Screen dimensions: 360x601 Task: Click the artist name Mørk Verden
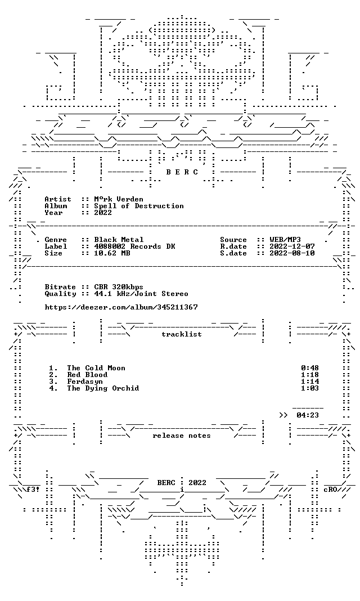pyautogui.click(x=118, y=199)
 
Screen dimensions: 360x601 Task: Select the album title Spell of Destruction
pyautogui.click(x=138, y=206)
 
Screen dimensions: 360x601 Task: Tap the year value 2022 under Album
pyautogui.click(x=103, y=213)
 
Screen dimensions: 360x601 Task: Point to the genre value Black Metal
pyautogui.click(x=119, y=240)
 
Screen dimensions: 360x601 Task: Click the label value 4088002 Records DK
pyautogui.click(x=134, y=246)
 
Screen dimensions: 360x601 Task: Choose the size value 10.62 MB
pyautogui.click(x=112, y=253)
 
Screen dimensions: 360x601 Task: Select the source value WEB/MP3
pyautogui.click(x=285, y=240)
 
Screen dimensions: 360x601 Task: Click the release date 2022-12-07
pyautogui.click(x=292, y=246)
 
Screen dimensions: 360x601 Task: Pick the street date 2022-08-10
pyautogui.click(x=292, y=253)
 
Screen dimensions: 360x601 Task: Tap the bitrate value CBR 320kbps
pyautogui.click(x=119, y=287)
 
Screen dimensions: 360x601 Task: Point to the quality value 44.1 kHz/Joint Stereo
pyautogui.click(x=141, y=294)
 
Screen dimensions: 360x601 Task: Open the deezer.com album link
pyautogui.click(x=121, y=307)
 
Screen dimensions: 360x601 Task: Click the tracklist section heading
pyautogui.click(x=182, y=334)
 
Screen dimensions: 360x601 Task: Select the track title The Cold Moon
pyautogui.click(x=96, y=369)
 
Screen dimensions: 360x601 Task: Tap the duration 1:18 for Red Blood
pyautogui.click(x=310, y=375)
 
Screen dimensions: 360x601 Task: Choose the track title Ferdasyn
pyautogui.click(x=85, y=382)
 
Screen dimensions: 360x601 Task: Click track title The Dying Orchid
pyautogui.click(x=102, y=388)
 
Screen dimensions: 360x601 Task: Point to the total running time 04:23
pyautogui.click(x=308, y=415)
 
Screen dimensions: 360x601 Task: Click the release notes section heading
pyautogui.click(x=182, y=436)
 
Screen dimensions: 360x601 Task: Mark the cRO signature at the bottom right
pyautogui.click(x=330, y=490)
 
